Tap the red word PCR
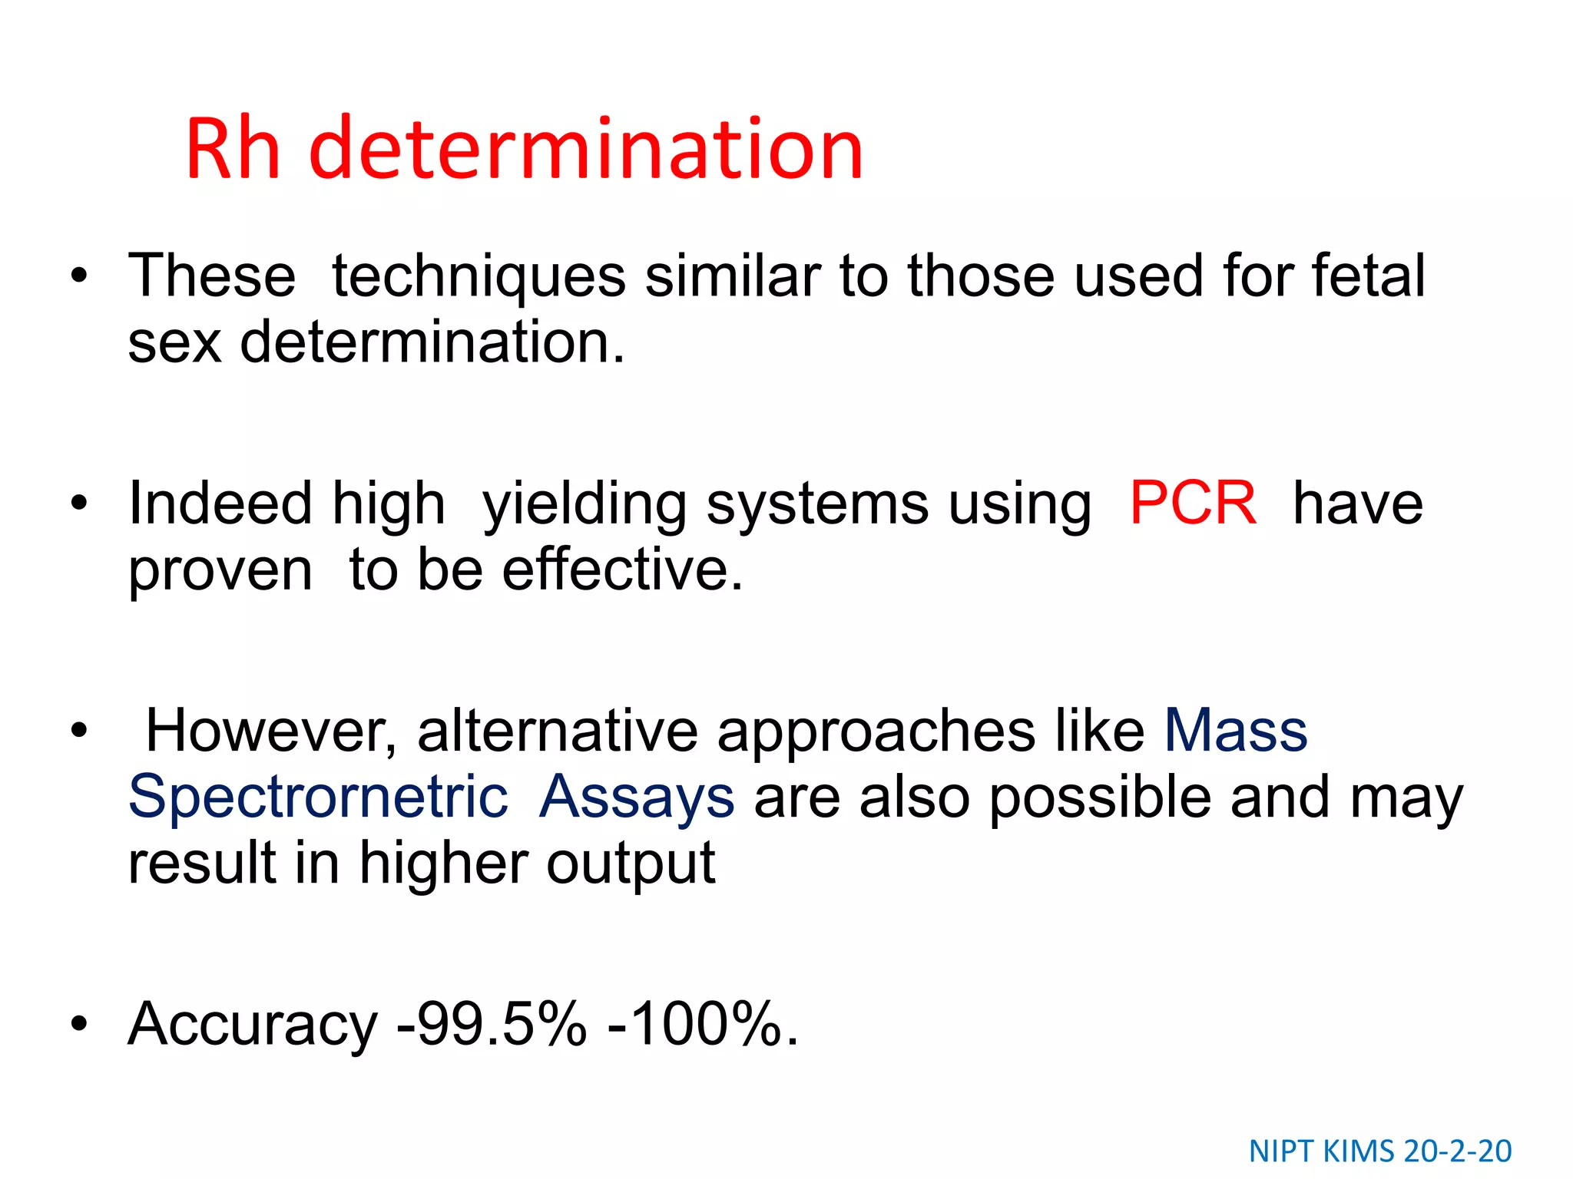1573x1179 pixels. [x=1193, y=504]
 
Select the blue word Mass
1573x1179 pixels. [x=1235, y=730]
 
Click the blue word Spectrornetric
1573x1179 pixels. [x=318, y=798]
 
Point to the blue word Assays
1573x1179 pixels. [x=637, y=798]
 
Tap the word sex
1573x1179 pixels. [x=174, y=342]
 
